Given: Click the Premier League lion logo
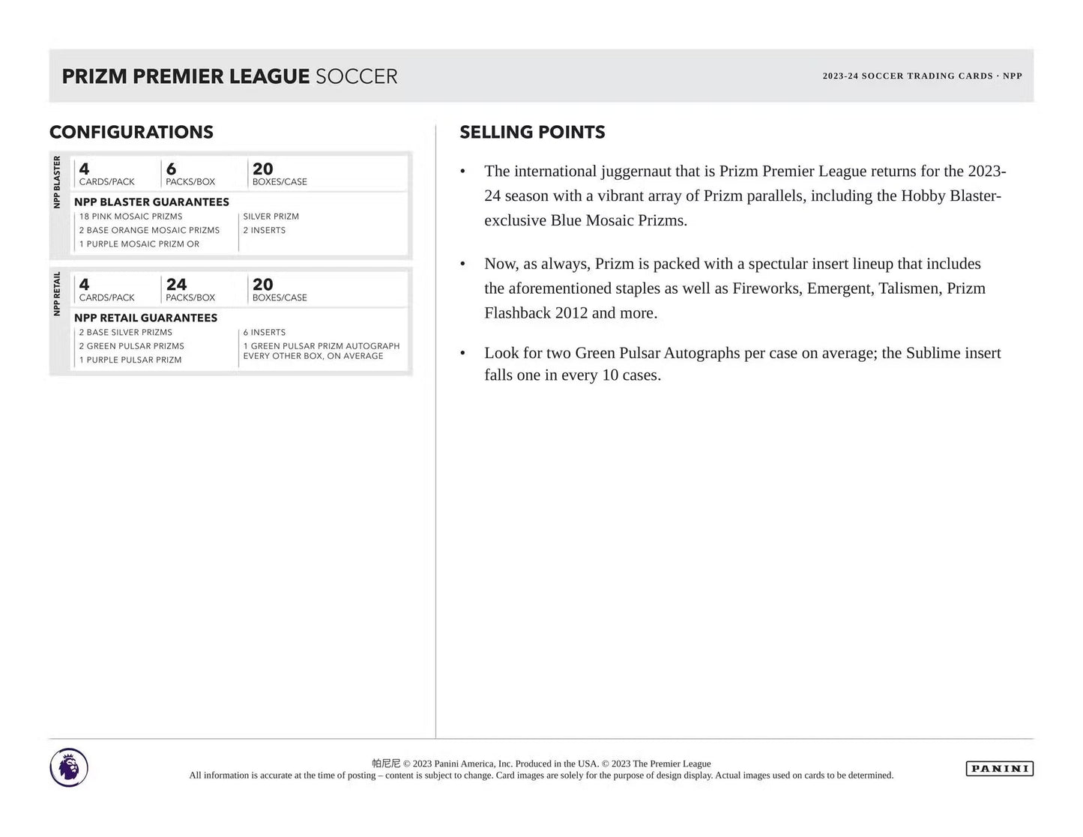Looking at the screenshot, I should pyautogui.click(x=69, y=768).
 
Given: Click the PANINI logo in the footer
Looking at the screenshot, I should pyautogui.click(x=999, y=768).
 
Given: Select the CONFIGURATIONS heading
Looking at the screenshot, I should pyautogui.click(x=131, y=133).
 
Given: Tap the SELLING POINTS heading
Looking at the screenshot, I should pyautogui.click(x=532, y=133).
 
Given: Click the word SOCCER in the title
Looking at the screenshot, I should pyautogui.click(x=356, y=76).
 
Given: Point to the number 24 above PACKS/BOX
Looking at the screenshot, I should pyautogui.click(x=176, y=285).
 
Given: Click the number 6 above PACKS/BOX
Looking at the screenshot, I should pyautogui.click(x=171, y=169).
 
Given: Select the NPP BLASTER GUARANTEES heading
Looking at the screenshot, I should pyautogui.click(x=151, y=202).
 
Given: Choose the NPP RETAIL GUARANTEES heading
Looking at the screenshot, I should pyautogui.click(x=145, y=318).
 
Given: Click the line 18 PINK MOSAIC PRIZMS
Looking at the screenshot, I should pyautogui.click(x=130, y=217).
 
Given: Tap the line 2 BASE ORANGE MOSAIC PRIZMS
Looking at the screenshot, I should pyautogui.click(x=149, y=230).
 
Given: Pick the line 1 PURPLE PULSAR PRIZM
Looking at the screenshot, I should pyautogui.click(x=130, y=360).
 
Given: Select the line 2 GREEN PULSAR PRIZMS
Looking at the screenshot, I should pyautogui.click(x=131, y=346).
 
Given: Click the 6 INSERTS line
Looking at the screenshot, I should pyautogui.click(x=264, y=333).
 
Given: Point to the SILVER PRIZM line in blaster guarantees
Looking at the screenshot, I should pyautogui.click(x=271, y=217).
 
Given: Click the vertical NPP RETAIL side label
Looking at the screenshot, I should pyautogui.click(x=57, y=294).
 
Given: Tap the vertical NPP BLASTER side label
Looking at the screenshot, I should pyautogui.click(x=57, y=182).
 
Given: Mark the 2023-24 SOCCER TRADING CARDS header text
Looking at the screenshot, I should pyautogui.click(x=907, y=76).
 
